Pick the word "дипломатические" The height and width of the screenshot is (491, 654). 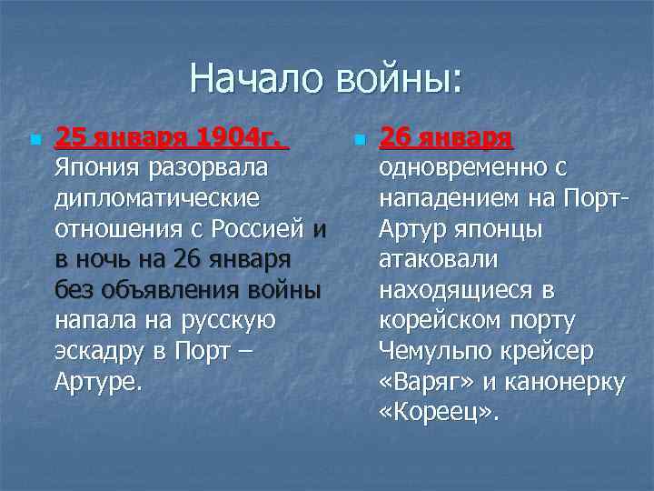[156, 198]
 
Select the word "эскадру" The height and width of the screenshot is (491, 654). [104, 353]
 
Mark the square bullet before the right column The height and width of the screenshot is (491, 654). [359, 141]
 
